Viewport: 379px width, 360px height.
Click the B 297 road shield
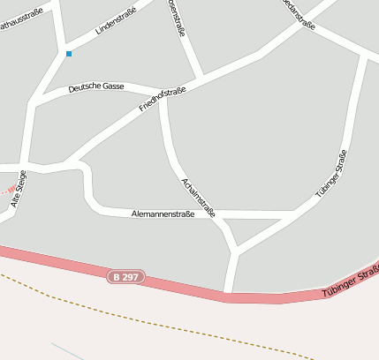pyautogui.click(x=125, y=277)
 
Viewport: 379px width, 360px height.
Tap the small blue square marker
pyautogui.click(x=69, y=54)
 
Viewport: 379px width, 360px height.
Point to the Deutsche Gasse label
pyautogui.click(x=96, y=87)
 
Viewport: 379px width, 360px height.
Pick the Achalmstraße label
pyautogui.click(x=199, y=196)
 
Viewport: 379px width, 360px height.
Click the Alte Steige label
pyautogui.click(x=19, y=190)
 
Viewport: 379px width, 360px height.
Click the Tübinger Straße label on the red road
pyautogui.click(x=350, y=281)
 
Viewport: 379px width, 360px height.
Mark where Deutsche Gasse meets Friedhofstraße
pyautogui.click(x=161, y=94)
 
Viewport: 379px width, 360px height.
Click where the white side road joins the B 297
pyautogui.click(x=229, y=292)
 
